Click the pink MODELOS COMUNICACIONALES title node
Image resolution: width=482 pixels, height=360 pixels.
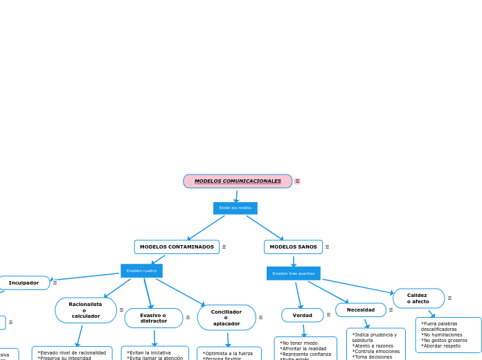(x=238, y=181)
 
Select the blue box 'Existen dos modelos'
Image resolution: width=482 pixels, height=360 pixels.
(x=235, y=208)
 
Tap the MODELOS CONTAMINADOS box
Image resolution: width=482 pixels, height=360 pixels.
(x=177, y=247)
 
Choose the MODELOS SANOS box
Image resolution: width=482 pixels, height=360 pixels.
(x=293, y=247)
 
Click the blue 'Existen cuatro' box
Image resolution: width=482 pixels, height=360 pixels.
(x=141, y=271)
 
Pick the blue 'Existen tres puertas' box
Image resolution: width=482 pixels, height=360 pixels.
(x=293, y=273)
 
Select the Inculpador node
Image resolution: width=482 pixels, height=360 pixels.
(x=24, y=283)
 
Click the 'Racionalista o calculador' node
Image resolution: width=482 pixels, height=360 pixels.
(x=85, y=310)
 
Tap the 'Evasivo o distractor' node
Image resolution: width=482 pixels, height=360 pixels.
(x=153, y=318)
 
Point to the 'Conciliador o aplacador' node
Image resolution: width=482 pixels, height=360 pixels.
(x=226, y=318)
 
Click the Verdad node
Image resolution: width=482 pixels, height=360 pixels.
(x=302, y=315)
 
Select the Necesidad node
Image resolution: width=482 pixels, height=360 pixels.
(x=360, y=310)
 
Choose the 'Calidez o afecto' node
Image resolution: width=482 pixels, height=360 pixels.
(x=418, y=298)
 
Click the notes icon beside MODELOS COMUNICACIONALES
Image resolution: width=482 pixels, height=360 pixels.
(x=297, y=181)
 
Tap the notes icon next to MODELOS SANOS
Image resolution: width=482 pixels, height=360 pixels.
(x=327, y=247)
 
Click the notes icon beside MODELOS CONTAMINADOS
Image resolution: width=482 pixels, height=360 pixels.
(x=224, y=247)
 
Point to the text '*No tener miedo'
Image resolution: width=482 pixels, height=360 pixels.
(x=299, y=343)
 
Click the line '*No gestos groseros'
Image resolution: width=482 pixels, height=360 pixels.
(x=444, y=340)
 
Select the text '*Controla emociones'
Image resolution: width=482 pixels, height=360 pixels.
(x=376, y=352)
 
